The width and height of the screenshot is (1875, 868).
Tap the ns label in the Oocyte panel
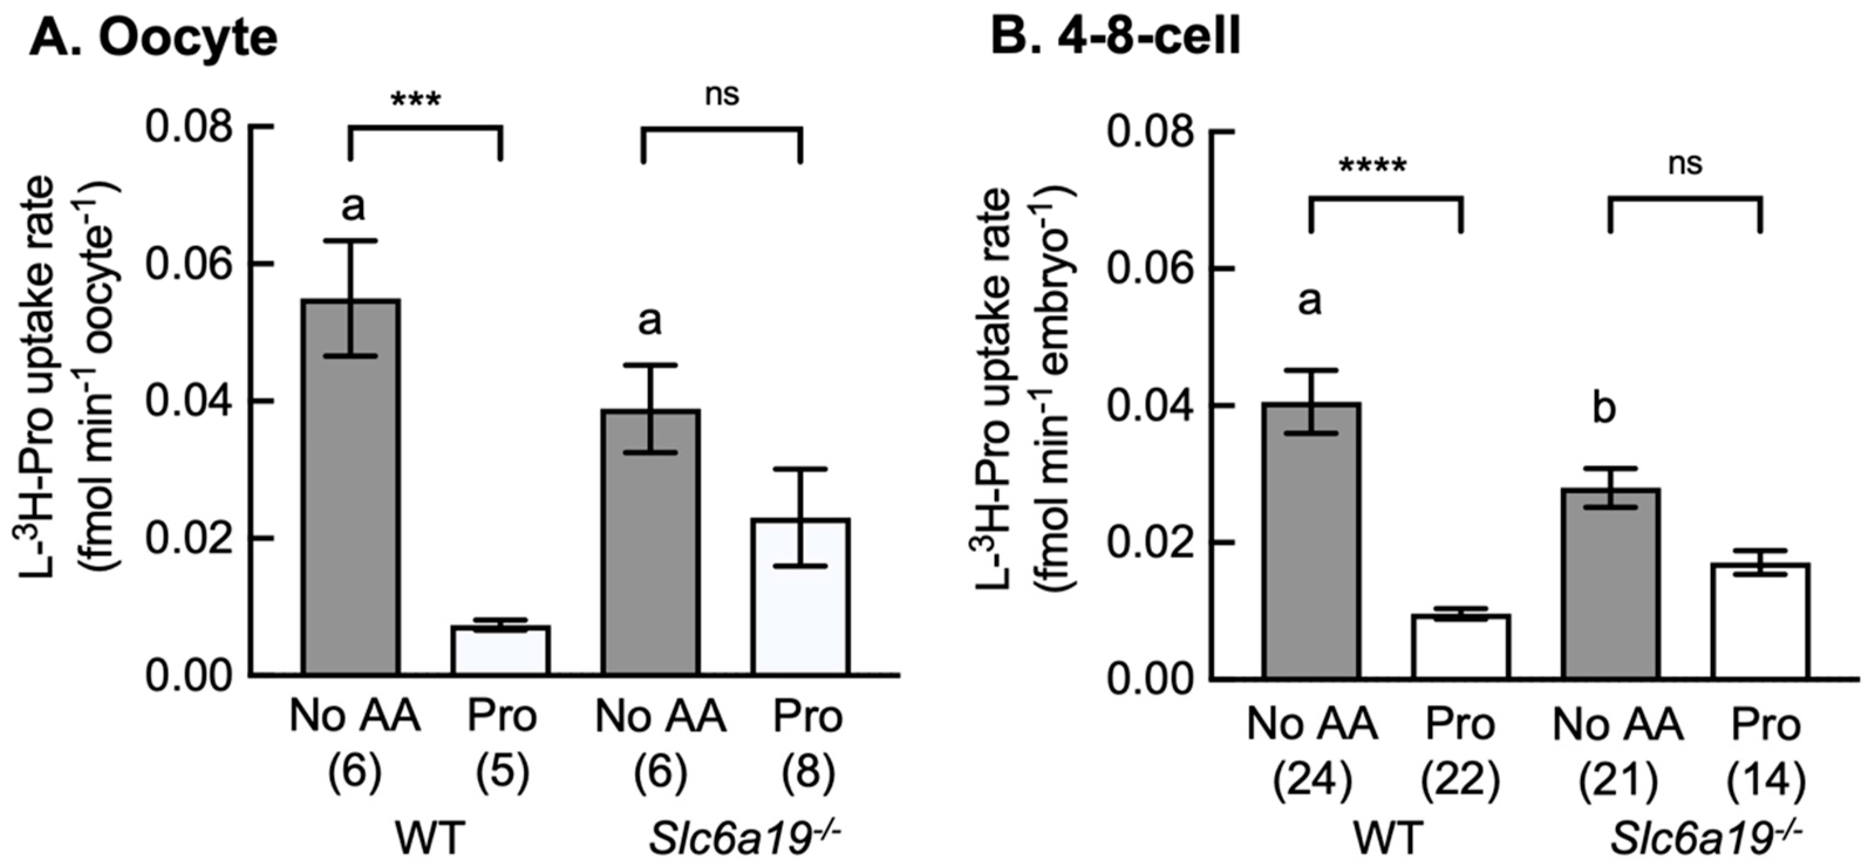click(x=722, y=94)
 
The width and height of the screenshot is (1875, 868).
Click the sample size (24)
click(x=1312, y=781)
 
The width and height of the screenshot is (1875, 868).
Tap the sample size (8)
click(x=808, y=773)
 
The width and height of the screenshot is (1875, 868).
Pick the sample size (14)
click(x=1767, y=781)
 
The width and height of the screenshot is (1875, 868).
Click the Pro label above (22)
click(x=1461, y=726)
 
